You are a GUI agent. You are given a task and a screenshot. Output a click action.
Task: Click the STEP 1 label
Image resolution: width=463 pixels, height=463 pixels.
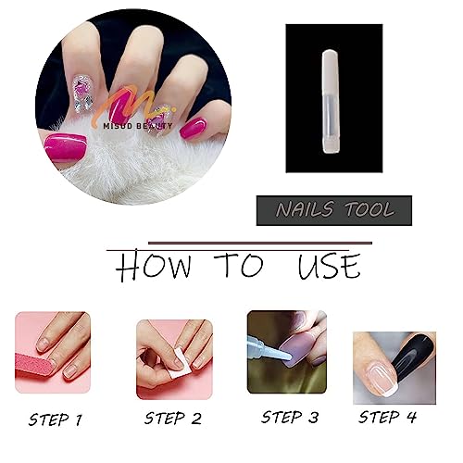pyautogui.click(x=56, y=419)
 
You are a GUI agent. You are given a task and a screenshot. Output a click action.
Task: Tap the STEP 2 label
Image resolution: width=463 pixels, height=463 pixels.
pyautogui.click(x=173, y=419)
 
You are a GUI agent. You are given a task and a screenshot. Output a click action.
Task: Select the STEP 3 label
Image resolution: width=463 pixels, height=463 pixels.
pyautogui.click(x=290, y=418)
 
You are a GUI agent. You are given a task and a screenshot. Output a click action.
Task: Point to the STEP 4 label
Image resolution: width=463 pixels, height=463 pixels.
pyautogui.click(x=387, y=418)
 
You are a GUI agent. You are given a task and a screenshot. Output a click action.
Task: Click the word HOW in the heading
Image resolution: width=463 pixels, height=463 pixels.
pyautogui.click(x=154, y=266)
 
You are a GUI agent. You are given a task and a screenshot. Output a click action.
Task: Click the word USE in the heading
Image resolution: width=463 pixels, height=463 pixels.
pyautogui.click(x=329, y=266)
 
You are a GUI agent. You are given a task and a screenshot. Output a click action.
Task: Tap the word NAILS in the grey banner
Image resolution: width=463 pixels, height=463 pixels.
pyautogui.click(x=305, y=209)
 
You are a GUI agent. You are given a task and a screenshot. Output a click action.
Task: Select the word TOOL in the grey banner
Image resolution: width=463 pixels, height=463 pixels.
pyautogui.click(x=369, y=210)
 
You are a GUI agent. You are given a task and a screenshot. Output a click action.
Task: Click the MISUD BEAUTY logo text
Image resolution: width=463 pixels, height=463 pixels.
pyautogui.click(x=138, y=126)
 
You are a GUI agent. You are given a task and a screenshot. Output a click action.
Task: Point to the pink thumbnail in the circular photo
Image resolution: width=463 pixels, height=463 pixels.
pyautogui.click(x=65, y=148)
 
